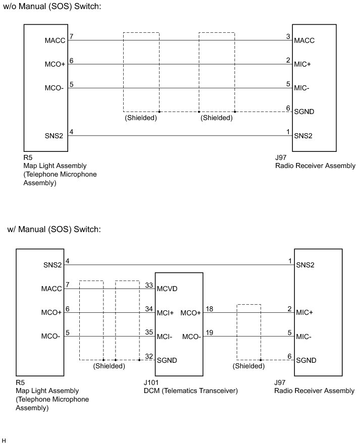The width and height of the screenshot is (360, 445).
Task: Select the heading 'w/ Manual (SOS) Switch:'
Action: pos(54,230)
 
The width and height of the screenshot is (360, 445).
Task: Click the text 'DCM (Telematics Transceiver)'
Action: pos(190,391)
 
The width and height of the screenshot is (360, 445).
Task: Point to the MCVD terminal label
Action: pos(167,289)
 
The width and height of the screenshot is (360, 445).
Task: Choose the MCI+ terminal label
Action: pos(166,313)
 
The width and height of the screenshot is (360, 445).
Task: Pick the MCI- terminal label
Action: pos(165,337)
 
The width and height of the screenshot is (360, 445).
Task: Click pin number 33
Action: pos(148,285)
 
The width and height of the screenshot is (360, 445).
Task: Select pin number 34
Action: pos(148,308)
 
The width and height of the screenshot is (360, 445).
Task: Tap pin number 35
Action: pos(148,332)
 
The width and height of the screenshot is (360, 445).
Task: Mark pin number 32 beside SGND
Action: pos(148,356)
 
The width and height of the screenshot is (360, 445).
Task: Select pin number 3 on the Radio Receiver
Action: pos(288,36)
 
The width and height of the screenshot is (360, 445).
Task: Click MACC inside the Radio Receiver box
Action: pos(304,41)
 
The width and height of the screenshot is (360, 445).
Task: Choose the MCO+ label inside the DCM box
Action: pos(191,313)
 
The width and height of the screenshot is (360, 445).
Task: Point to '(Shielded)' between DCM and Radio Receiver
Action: pos(248,366)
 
